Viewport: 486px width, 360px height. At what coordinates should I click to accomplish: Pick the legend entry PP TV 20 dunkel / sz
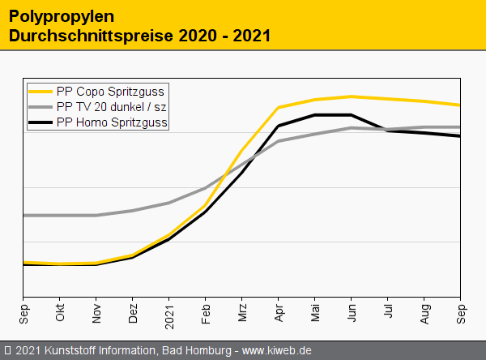coord(113,107)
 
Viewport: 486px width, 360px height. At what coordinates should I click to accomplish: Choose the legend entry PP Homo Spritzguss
coord(113,122)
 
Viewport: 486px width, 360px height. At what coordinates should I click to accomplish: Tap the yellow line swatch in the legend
coord(40,91)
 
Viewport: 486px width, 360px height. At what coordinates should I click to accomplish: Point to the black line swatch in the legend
coord(40,122)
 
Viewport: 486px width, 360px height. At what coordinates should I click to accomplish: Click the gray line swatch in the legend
coord(40,107)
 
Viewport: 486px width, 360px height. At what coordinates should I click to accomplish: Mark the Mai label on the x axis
coord(315,313)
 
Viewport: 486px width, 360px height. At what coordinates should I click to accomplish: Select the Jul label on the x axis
coord(388,312)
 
